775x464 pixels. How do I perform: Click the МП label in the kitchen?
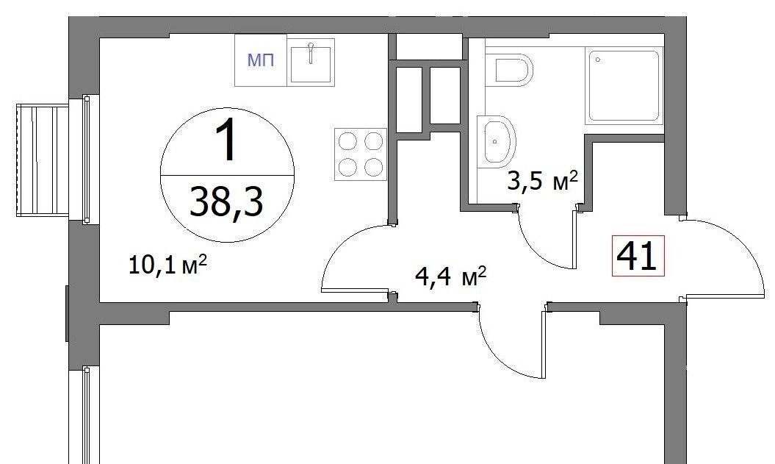pos(261,61)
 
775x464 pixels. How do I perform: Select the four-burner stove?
pos(360,154)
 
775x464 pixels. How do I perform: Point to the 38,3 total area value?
pos(226,201)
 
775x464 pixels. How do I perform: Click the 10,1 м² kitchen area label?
pos(167,265)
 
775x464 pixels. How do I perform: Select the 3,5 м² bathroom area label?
pos(542,181)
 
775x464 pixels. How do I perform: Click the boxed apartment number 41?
pos(638,255)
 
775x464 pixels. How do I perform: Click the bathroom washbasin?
pos(497,141)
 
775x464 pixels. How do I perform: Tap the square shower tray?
pos(624,86)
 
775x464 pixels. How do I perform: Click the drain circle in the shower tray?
pos(598,60)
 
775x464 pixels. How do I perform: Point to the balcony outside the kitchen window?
pos(43,160)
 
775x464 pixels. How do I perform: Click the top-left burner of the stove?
pos(347,141)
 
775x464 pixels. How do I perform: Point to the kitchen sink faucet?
pos(311,53)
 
